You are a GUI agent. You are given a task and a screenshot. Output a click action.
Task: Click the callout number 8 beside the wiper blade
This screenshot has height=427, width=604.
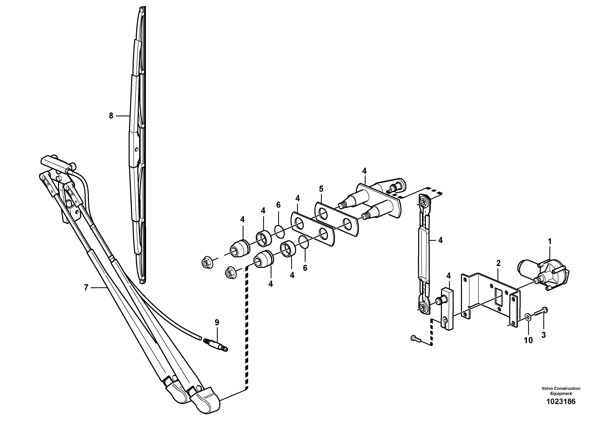(x=111, y=116)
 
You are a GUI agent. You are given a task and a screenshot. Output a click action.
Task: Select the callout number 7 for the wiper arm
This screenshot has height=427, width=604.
(x=86, y=288)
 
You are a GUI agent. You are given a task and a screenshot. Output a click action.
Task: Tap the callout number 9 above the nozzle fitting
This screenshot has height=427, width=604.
(x=217, y=322)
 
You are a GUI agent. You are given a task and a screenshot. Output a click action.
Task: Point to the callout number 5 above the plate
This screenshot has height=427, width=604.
(x=321, y=189)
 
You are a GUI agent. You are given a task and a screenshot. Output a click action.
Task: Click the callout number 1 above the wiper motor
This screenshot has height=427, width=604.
(x=550, y=241)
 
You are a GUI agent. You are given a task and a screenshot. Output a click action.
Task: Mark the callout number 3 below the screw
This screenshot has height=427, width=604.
(x=544, y=335)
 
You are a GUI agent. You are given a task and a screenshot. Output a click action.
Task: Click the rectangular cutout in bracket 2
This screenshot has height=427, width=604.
(x=498, y=297)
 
